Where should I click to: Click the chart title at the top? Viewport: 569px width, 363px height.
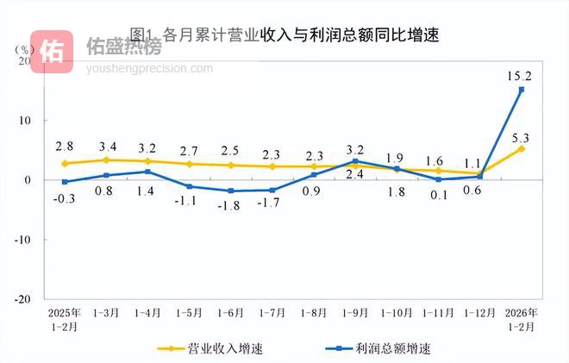284,34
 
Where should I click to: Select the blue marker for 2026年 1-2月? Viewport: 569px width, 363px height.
521,90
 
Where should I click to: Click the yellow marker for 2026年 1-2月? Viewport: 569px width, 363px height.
521,148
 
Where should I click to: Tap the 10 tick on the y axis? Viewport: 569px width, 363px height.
25,121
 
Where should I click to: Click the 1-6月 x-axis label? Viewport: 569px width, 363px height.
230,311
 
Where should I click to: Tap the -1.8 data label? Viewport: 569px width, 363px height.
229,206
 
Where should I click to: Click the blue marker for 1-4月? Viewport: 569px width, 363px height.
147,172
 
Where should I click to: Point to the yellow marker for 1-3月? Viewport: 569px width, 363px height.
106,160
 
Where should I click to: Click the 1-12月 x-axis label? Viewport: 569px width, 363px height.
480,311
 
